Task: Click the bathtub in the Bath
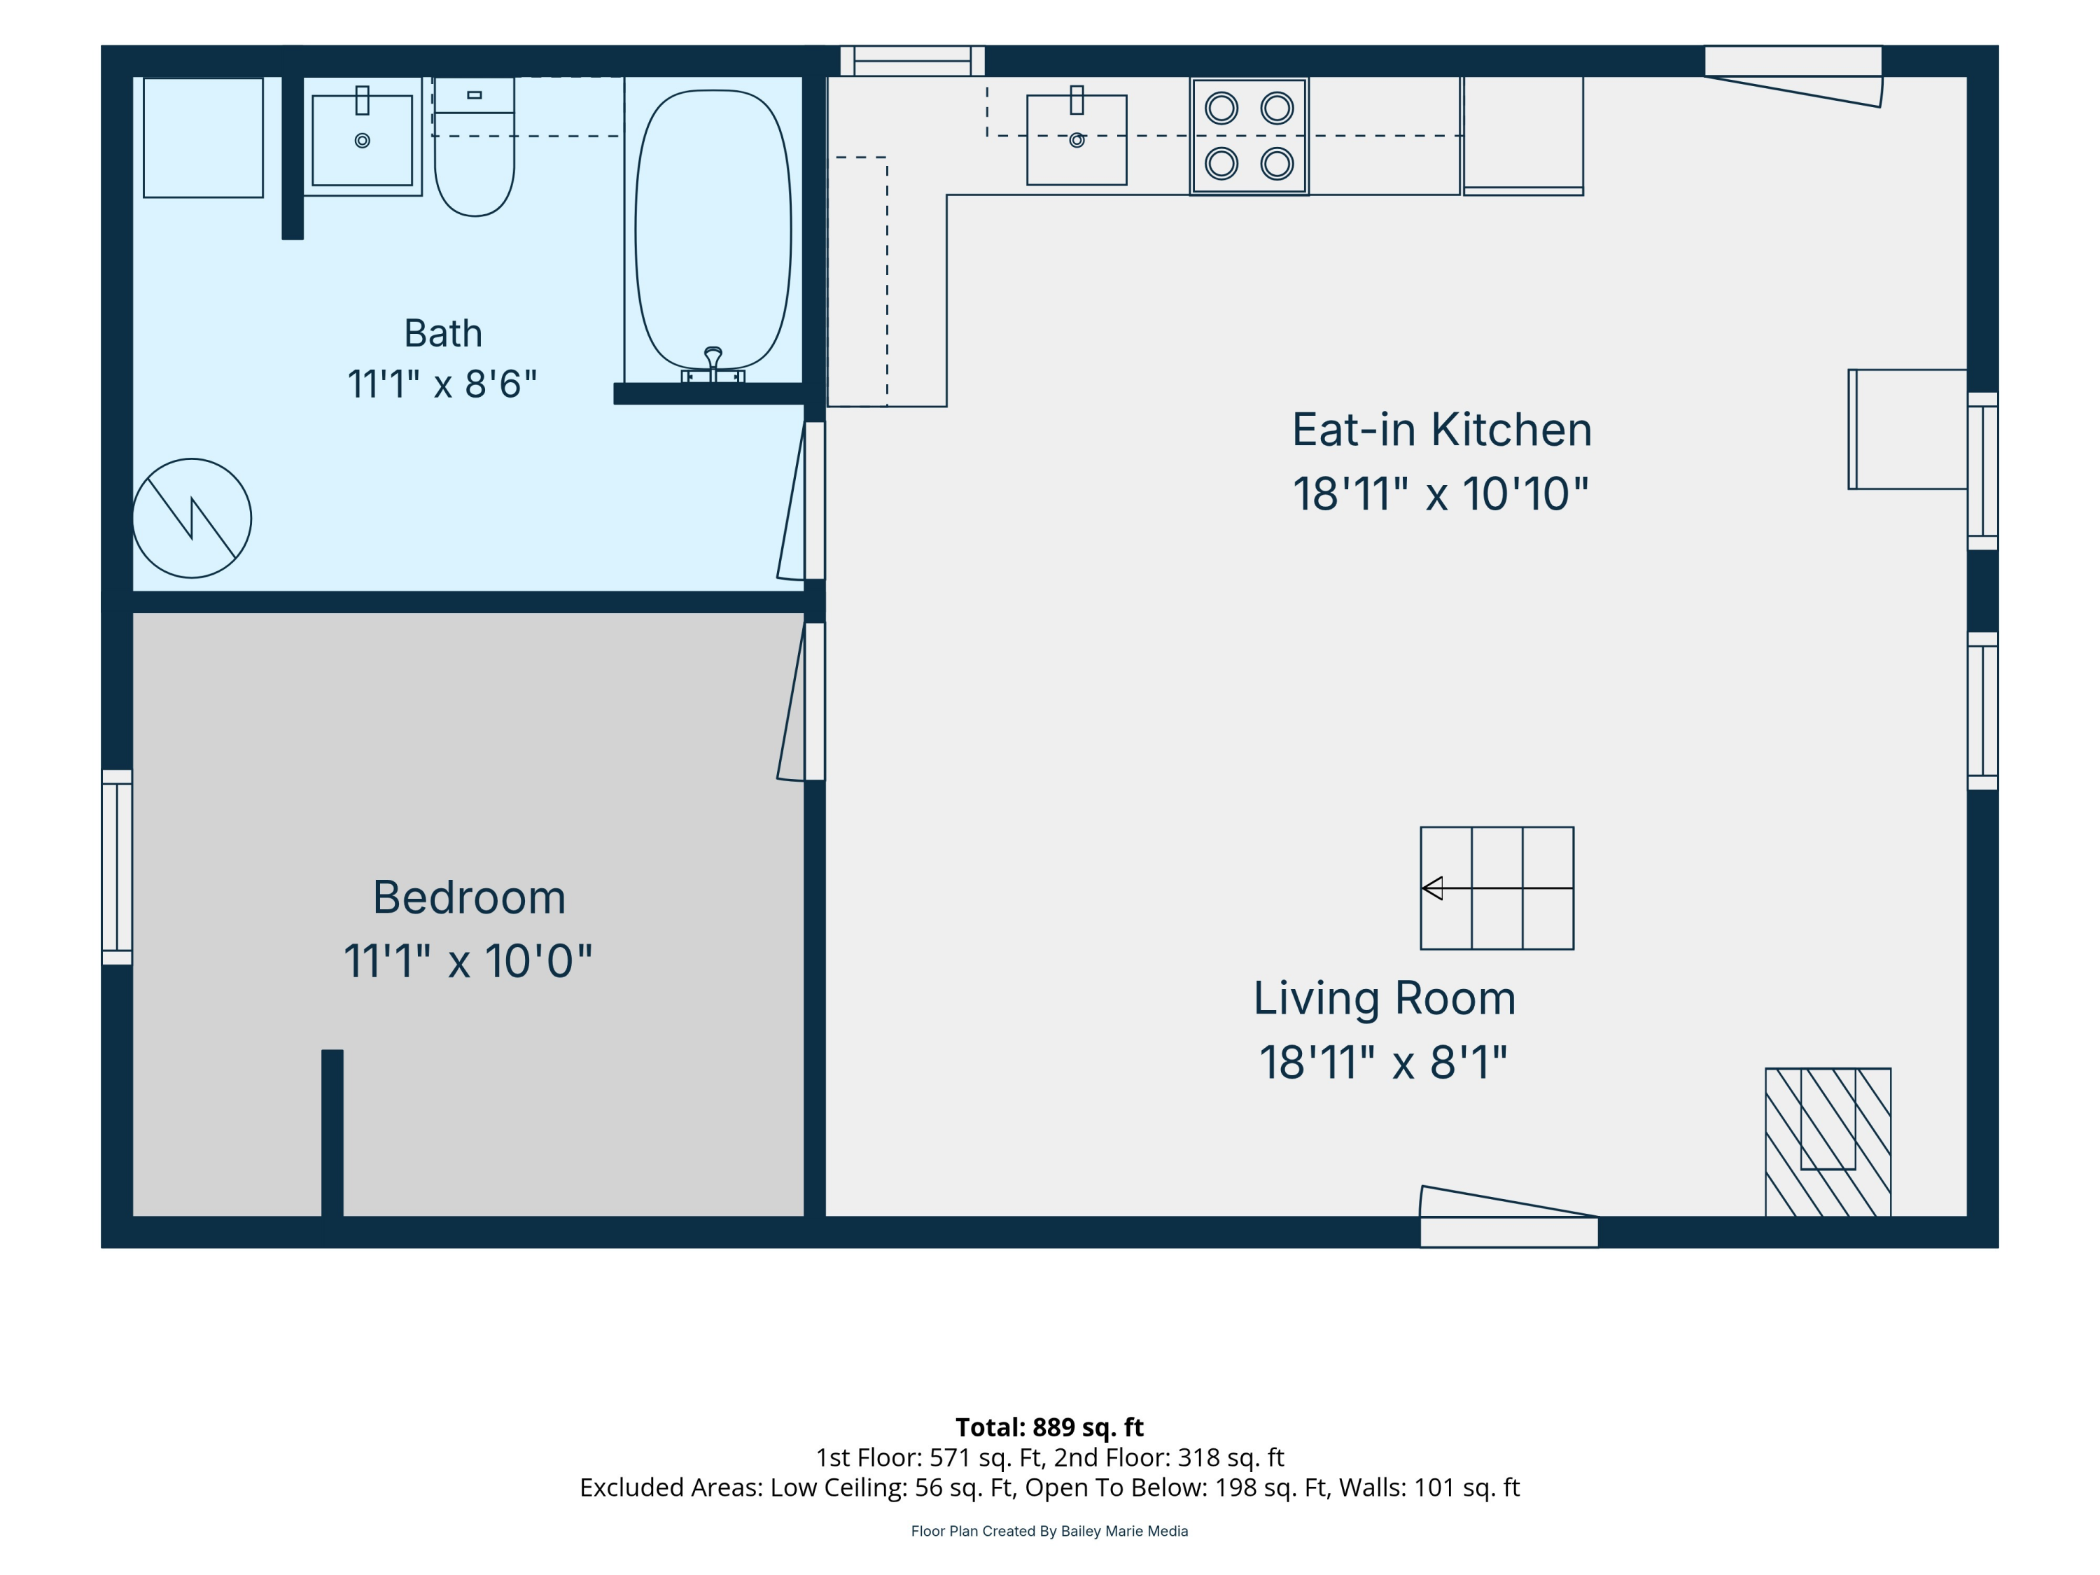pos(713,230)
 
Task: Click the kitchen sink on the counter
pos(1077,139)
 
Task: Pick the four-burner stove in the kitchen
pos(1249,136)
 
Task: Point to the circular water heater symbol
pos(192,519)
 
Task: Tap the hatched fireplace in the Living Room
pos(1828,1142)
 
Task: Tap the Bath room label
pos(443,333)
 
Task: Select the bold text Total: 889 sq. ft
pos(1049,1427)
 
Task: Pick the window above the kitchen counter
pos(912,61)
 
